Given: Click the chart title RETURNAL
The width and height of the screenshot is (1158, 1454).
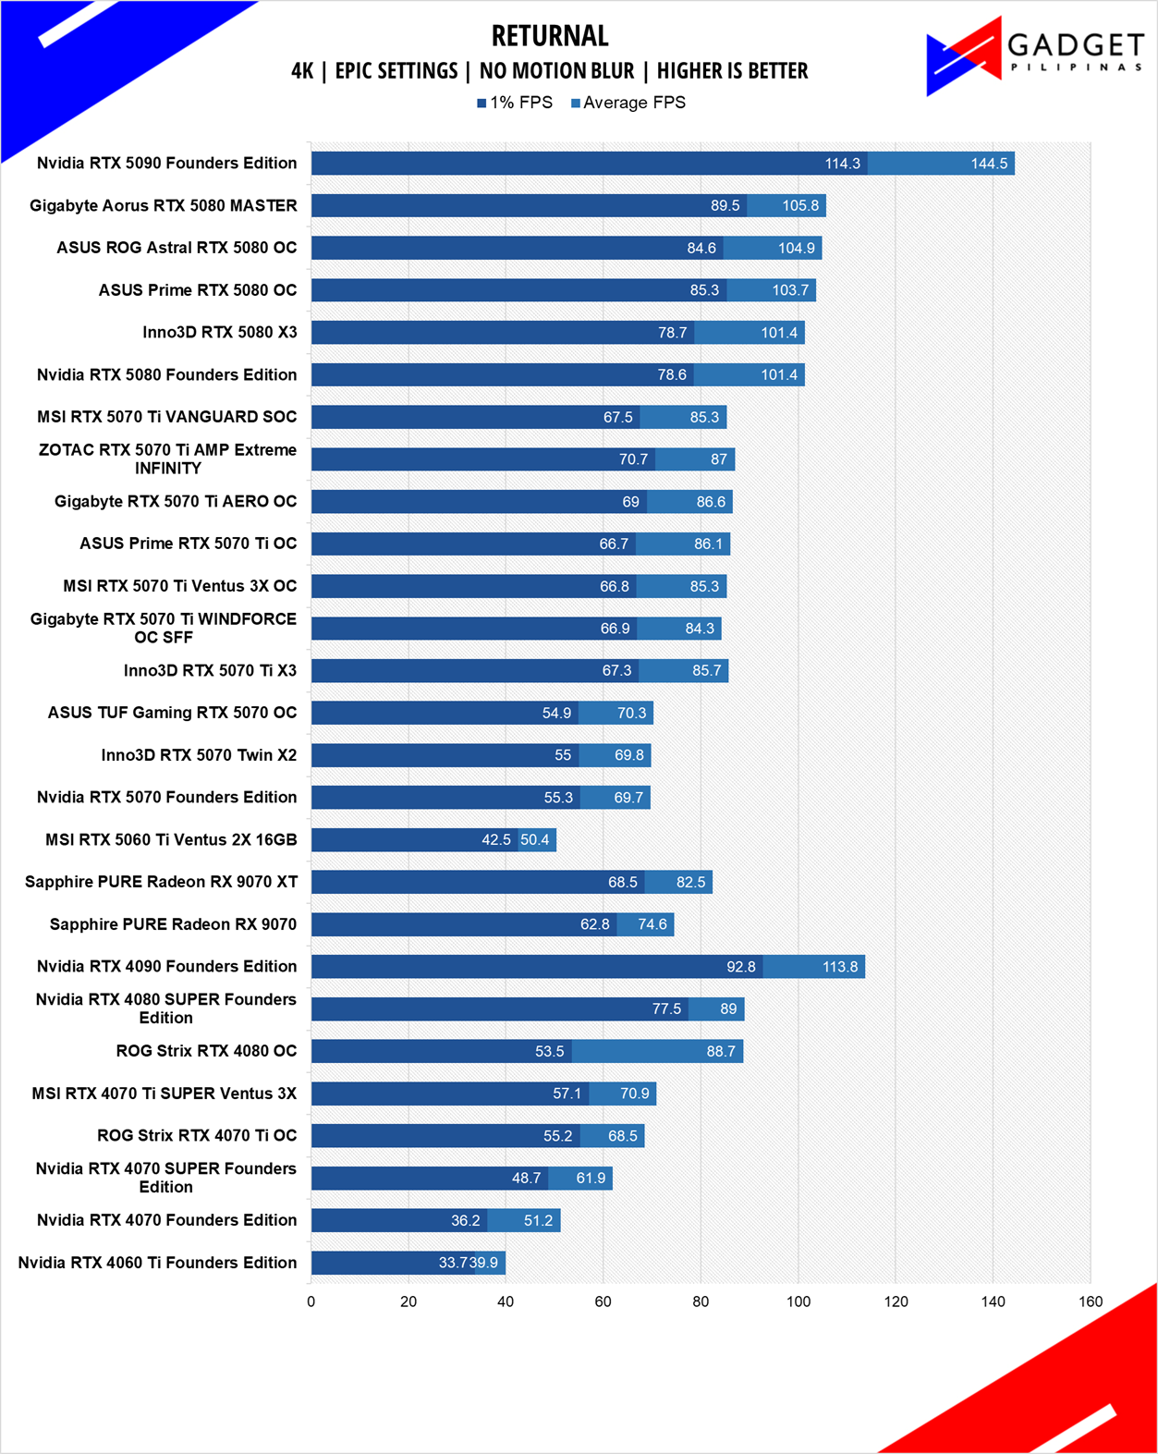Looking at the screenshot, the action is [550, 36].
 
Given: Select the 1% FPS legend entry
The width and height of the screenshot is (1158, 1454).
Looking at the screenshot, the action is [515, 103].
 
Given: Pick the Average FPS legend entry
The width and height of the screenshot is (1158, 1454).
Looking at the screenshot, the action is [628, 103].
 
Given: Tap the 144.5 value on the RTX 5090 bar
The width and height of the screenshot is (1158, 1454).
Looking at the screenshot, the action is [989, 164].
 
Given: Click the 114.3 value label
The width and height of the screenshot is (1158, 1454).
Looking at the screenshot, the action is [843, 164].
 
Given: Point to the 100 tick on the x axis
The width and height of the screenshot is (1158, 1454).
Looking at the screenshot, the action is [798, 1301].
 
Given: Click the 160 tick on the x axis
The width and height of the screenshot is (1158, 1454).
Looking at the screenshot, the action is [1090, 1301].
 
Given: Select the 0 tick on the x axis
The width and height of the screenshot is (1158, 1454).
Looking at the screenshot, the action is [311, 1301].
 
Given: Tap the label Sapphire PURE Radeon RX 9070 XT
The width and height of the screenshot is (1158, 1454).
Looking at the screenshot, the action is [162, 882].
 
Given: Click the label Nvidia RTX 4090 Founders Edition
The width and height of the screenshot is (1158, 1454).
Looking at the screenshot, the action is [167, 966].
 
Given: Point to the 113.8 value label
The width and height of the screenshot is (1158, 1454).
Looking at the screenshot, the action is [840, 967].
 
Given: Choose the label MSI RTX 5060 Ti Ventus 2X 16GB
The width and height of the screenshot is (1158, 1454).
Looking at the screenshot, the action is [171, 840].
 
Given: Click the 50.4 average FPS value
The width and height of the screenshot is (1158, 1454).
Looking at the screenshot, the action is [535, 840].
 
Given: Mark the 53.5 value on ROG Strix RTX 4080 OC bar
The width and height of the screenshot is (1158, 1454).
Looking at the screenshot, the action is [549, 1051].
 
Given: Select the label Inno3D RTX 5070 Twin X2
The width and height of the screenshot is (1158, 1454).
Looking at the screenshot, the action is [200, 754].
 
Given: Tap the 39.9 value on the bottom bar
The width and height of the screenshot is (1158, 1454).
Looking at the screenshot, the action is [483, 1263].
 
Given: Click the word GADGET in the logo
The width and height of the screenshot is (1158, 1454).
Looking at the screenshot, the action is [1076, 46].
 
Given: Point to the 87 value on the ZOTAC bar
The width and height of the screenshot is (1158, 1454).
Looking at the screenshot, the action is [719, 459].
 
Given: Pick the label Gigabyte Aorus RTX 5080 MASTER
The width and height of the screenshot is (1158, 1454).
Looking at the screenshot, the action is [164, 205].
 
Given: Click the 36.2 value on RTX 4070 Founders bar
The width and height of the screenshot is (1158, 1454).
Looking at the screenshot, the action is [466, 1220].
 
